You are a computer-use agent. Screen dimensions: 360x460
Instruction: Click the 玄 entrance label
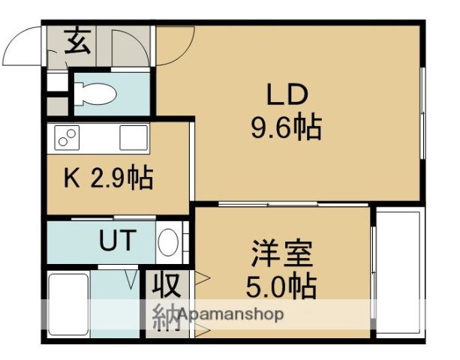click(78, 41)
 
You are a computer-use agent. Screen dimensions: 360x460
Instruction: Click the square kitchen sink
click(133, 138)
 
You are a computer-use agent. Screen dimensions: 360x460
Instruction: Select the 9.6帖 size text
click(285, 128)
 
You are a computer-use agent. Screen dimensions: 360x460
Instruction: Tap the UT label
click(118, 241)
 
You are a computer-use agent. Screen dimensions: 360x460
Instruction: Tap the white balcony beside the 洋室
click(398, 269)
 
